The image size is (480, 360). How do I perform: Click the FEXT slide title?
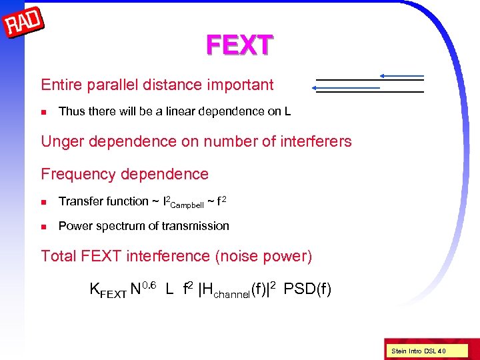pyautogui.click(x=239, y=45)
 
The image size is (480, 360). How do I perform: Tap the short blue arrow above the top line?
pyautogui.click(x=401, y=76)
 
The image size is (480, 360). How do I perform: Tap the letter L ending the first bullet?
pyautogui.click(x=287, y=111)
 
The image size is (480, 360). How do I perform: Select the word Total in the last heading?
pyautogui.click(x=59, y=256)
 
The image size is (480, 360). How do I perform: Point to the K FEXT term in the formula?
pyautogui.click(x=107, y=290)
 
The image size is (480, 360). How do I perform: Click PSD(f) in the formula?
pyautogui.click(x=307, y=289)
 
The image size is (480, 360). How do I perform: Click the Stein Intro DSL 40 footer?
pyautogui.click(x=419, y=351)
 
